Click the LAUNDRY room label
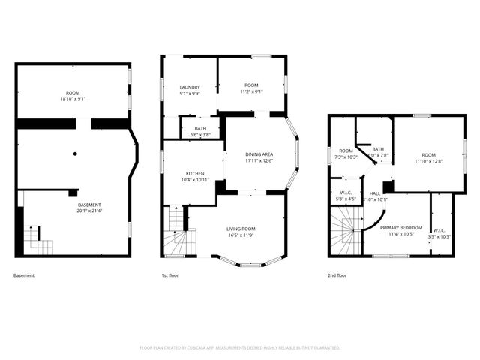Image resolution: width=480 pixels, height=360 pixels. click(189, 87)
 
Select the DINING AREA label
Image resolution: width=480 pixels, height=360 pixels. click(259, 154)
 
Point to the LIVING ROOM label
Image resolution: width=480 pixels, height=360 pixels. click(241, 229)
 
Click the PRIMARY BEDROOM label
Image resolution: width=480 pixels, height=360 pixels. click(400, 227)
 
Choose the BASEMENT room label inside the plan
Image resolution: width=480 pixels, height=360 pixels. click(89, 205)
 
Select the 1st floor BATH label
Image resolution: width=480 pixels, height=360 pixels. click(200, 128)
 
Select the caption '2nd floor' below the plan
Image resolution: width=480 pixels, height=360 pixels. click(337, 275)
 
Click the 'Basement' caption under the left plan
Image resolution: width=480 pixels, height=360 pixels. click(24, 275)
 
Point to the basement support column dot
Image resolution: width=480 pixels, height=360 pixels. click(75, 154)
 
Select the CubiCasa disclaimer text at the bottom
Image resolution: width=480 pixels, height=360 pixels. click(240, 347)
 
